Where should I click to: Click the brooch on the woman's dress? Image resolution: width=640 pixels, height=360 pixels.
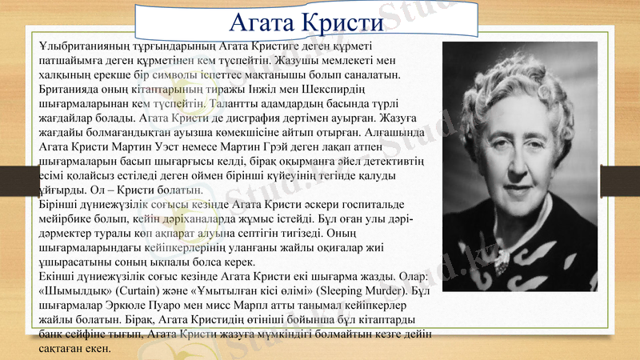(x=503, y=258)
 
